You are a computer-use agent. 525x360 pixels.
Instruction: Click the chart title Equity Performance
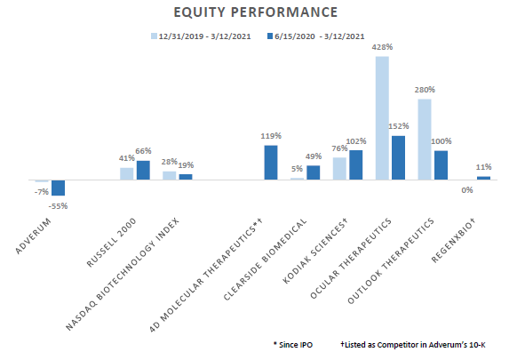tap(263, 12)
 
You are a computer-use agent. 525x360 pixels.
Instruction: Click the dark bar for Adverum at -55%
tap(58, 188)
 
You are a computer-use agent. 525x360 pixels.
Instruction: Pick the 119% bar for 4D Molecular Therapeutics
tap(271, 162)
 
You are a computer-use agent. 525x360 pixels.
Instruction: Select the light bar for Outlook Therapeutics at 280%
tap(425, 139)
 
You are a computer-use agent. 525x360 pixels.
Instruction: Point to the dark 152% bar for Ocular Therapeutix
tap(398, 157)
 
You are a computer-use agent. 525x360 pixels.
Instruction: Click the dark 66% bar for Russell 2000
tap(143, 170)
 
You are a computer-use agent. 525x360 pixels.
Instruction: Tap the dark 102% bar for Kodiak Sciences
tap(355, 164)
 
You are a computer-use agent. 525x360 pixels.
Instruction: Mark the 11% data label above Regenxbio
tap(484, 166)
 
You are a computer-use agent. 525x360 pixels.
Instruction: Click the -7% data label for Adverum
tap(41, 191)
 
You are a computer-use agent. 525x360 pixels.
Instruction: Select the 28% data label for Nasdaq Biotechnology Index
tap(168, 163)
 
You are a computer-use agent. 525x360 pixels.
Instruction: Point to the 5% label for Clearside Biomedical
tap(297, 169)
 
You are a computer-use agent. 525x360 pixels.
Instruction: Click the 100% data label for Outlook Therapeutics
tap(441, 141)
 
